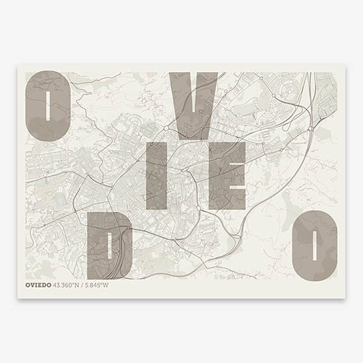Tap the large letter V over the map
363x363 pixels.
tap(195, 102)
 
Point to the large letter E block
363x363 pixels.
tap(227, 175)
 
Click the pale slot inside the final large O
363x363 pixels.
tap(315, 244)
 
